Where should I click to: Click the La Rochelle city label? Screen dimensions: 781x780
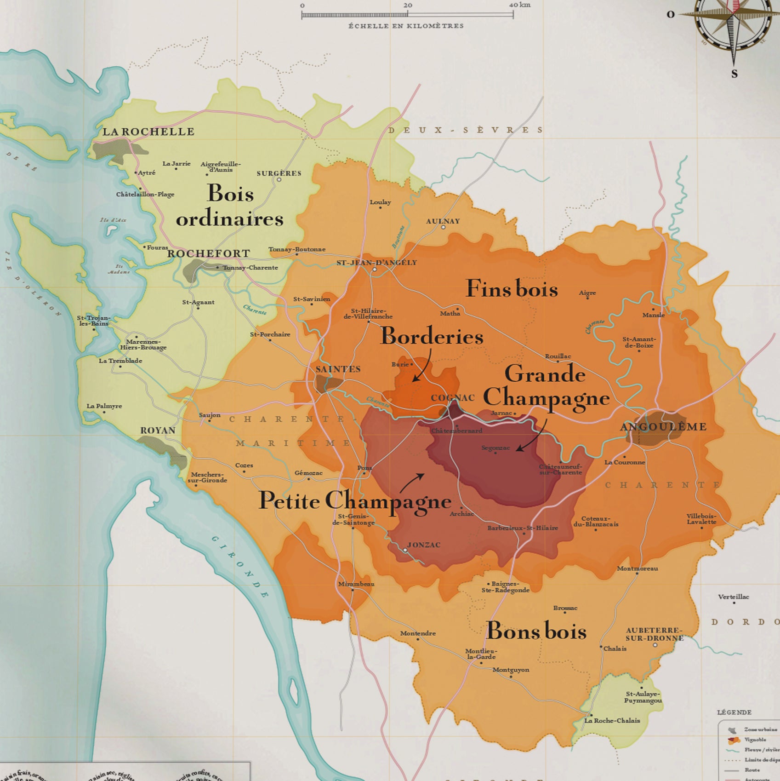click(148, 132)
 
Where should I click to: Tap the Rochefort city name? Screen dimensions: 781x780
click(209, 254)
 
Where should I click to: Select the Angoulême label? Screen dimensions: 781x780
click(663, 427)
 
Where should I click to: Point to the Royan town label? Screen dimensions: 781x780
click(158, 431)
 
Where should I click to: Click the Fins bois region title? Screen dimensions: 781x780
click(512, 289)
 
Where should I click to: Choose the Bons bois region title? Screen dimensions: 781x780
click(536, 631)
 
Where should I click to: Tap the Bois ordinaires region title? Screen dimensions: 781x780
click(230, 206)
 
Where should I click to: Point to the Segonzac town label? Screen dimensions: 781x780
click(495, 448)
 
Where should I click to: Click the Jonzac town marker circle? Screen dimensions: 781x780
click(405, 550)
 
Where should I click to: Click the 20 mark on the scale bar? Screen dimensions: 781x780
click(408, 6)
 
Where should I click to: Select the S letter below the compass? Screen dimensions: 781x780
click(734, 74)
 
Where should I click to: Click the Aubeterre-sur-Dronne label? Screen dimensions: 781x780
click(654, 634)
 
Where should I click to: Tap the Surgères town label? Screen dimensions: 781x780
click(279, 173)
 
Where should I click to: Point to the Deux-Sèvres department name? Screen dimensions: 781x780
click(466, 130)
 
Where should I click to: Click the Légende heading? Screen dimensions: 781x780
click(734, 712)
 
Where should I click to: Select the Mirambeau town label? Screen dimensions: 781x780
click(356, 584)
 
